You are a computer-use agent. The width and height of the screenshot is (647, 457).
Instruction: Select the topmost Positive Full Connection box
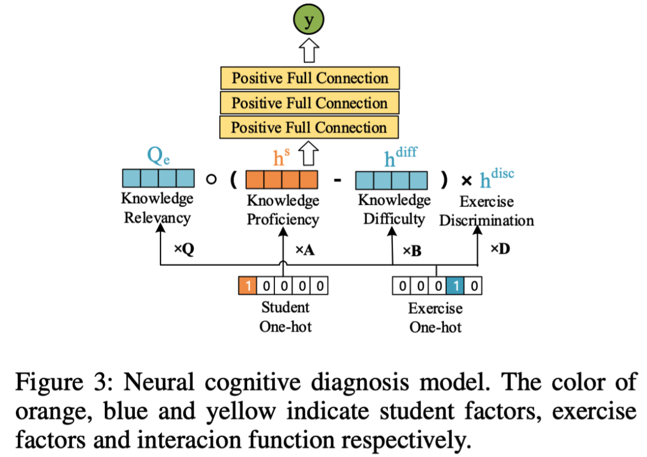pyautogui.click(x=310, y=78)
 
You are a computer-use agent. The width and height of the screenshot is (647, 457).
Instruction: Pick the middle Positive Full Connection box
pyautogui.click(x=310, y=103)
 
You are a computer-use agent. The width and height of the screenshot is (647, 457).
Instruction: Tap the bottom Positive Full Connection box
pyautogui.click(x=310, y=127)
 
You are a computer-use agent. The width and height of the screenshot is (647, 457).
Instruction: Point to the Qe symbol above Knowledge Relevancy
pyautogui.click(x=158, y=156)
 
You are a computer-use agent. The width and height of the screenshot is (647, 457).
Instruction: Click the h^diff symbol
pyautogui.click(x=400, y=156)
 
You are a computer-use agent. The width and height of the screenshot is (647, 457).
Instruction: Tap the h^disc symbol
pyautogui.click(x=497, y=177)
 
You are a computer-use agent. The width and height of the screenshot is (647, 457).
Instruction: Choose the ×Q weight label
pyautogui.click(x=183, y=249)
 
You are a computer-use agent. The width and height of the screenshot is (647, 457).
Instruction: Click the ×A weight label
pyautogui.click(x=305, y=250)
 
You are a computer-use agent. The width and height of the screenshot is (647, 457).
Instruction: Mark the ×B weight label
pyautogui.click(x=412, y=251)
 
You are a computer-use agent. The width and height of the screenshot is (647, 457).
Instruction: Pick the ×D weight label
pyautogui.click(x=501, y=249)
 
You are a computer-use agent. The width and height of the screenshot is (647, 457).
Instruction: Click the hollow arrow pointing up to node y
pyautogui.click(x=310, y=52)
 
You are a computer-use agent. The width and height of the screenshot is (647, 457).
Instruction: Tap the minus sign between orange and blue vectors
pyautogui.click(x=337, y=181)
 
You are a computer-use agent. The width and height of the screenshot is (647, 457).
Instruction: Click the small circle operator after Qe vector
pyautogui.click(x=211, y=180)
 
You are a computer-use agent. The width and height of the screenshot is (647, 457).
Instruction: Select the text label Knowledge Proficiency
pyautogui.click(x=282, y=210)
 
